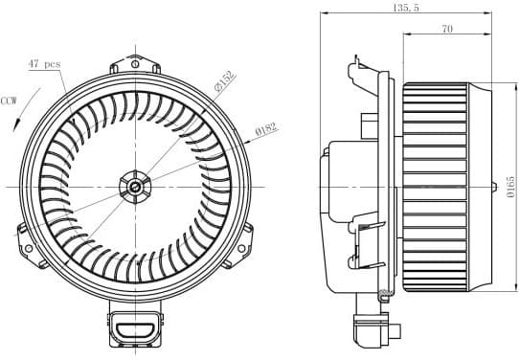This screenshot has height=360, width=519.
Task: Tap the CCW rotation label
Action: [x=10, y=100]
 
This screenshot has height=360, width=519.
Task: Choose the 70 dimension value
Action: [x=447, y=30]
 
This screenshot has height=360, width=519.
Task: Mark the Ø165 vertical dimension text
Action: [x=511, y=182]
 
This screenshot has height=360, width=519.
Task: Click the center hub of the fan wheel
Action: [x=136, y=185]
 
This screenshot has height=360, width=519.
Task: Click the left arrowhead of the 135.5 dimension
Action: [x=322, y=14]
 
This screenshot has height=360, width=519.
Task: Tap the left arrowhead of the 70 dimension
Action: [x=405, y=36]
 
